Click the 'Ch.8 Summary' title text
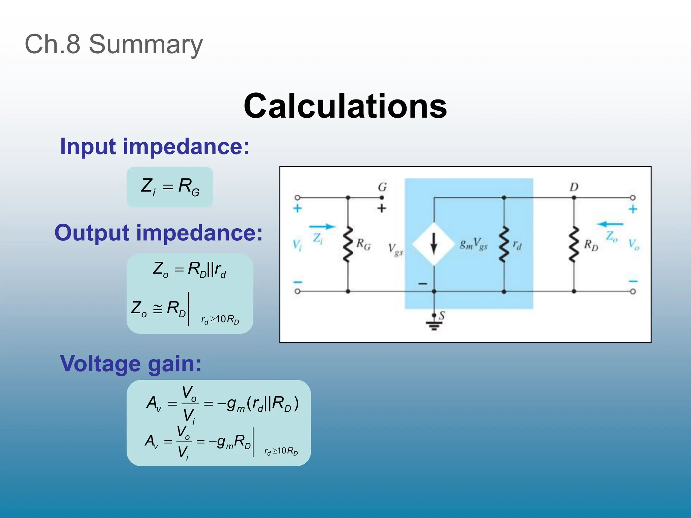click(x=114, y=44)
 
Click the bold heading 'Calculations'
click(x=345, y=106)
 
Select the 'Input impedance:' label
click(x=155, y=146)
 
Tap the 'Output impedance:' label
click(x=158, y=233)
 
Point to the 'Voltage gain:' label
click(x=131, y=364)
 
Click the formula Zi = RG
click(x=170, y=186)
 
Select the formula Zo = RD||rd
click(x=190, y=270)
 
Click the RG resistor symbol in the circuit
click(x=348, y=244)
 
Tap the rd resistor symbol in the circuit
click(x=504, y=244)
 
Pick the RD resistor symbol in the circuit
click(x=574, y=244)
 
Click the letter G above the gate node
click(x=382, y=187)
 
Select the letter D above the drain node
click(x=574, y=187)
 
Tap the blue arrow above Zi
click(x=322, y=227)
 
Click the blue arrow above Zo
click(x=610, y=224)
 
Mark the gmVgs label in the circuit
click(x=474, y=243)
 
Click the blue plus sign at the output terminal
click(x=633, y=209)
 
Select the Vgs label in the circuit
click(x=395, y=250)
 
